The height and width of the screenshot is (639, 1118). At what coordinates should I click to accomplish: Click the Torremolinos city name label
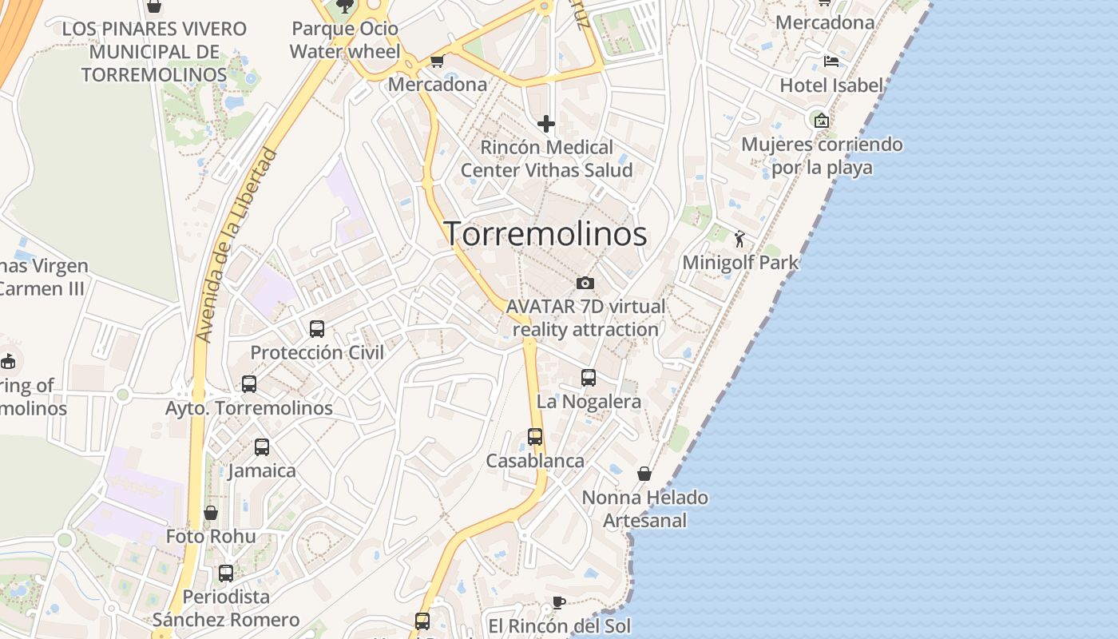click(545, 233)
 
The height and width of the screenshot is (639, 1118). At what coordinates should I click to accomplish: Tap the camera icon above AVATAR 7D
click(585, 283)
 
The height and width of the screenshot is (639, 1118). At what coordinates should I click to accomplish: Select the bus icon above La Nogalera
click(589, 378)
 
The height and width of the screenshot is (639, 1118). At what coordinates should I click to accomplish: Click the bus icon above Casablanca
click(535, 437)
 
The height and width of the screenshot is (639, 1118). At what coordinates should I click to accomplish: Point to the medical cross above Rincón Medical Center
click(546, 124)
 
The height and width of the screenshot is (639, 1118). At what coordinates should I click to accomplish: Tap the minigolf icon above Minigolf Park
click(739, 238)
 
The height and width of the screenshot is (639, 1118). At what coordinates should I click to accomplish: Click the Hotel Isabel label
click(831, 85)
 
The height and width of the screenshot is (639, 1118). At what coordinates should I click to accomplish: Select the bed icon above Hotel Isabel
click(831, 62)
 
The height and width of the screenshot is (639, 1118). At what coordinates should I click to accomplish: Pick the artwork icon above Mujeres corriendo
click(821, 121)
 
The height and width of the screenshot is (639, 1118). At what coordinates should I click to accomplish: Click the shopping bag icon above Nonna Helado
click(644, 474)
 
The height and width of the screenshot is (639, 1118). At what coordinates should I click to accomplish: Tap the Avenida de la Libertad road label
click(237, 246)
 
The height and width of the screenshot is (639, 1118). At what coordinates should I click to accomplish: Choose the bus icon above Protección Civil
click(317, 328)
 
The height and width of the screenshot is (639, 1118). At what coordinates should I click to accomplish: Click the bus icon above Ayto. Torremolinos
click(249, 384)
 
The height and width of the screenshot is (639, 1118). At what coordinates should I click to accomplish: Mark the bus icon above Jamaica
click(262, 447)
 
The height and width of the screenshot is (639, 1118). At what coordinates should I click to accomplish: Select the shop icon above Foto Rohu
click(211, 513)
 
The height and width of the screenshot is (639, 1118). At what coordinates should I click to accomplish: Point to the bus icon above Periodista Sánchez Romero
click(226, 573)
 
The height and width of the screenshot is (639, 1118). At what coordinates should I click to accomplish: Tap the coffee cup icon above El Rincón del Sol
click(559, 602)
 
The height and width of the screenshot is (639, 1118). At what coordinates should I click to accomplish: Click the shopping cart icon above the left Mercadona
click(437, 62)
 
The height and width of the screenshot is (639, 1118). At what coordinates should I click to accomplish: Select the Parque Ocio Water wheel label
click(345, 40)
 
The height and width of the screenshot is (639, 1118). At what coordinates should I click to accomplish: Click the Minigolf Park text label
click(740, 262)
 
